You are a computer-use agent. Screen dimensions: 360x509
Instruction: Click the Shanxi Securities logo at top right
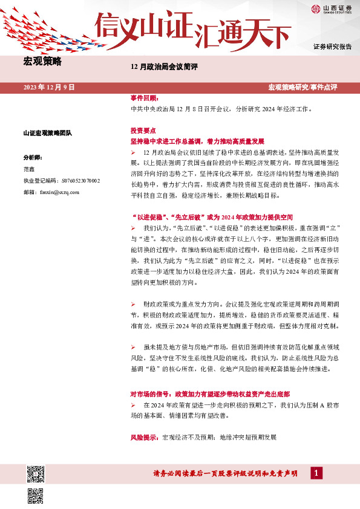[x=332, y=8]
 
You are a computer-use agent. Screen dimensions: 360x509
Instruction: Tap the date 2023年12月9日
[x=49, y=88]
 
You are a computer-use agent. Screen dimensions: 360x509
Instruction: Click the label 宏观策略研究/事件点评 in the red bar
[x=303, y=88]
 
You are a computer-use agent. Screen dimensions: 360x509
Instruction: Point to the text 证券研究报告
[x=332, y=47]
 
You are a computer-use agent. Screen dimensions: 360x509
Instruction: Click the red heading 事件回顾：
[x=143, y=98]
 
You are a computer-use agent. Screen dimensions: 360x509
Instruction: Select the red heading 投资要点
[x=143, y=131]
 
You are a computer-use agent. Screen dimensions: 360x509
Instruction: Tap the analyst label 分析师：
[x=33, y=157]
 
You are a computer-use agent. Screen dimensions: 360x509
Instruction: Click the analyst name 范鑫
[x=29, y=169]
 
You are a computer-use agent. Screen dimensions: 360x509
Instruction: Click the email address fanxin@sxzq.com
[x=59, y=192]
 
